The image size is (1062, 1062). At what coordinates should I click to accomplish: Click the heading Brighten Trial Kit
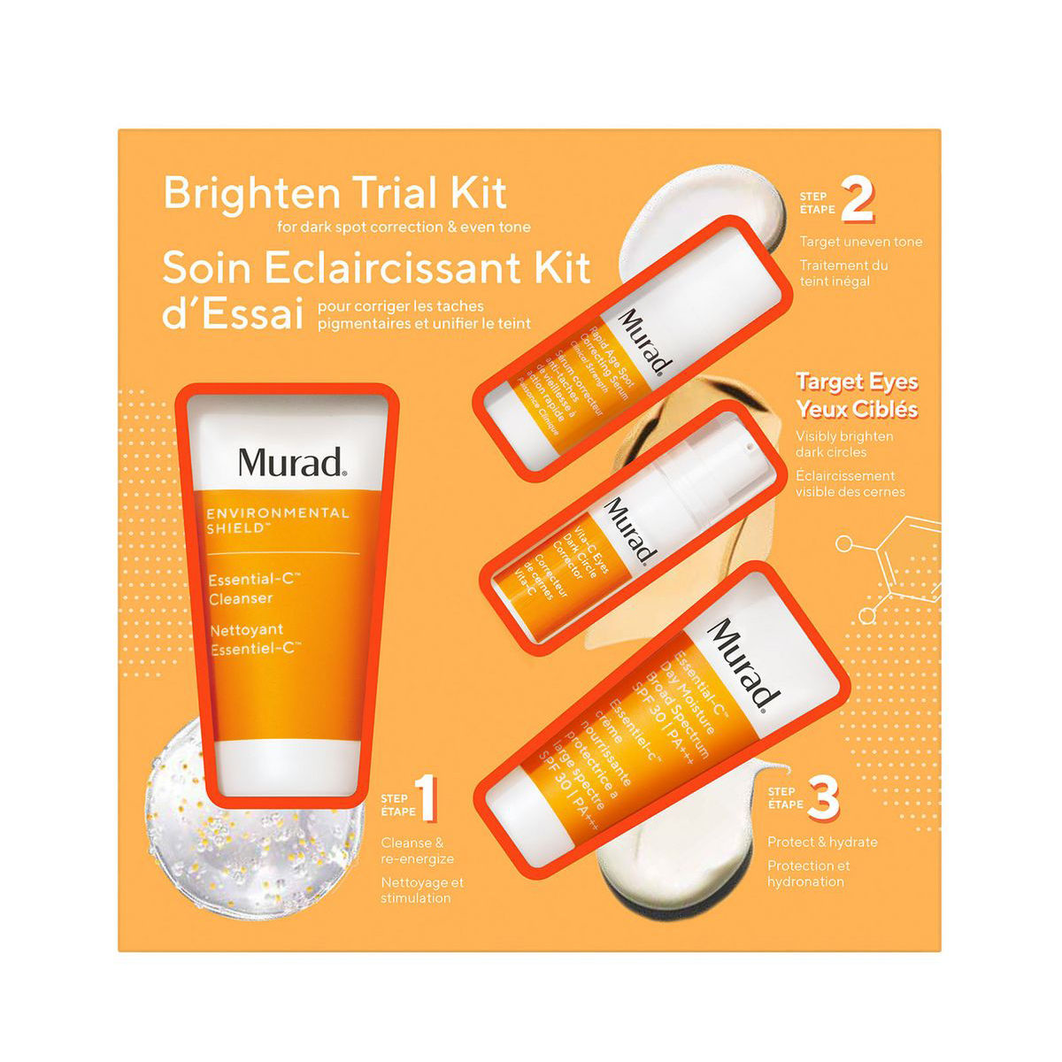coord(335,194)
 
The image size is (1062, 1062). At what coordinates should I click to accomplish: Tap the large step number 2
coord(857,201)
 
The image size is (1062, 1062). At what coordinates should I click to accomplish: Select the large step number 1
coord(427,798)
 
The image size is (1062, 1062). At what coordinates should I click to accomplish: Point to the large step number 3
coord(823,798)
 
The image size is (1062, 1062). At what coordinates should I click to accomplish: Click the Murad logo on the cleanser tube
coord(291,462)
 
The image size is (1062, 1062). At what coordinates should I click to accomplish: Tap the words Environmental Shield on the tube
coord(277,520)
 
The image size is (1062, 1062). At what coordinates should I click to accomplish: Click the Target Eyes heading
coord(856,382)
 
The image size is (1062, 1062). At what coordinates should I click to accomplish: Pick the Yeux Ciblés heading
coord(856,410)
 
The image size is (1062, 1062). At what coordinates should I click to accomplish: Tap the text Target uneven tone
coord(860,242)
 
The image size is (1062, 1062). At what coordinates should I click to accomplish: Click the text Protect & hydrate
coord(822,843)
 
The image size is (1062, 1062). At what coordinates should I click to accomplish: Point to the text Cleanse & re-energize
coord(417,850)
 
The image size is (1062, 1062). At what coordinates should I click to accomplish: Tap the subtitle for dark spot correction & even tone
coord(404,227)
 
